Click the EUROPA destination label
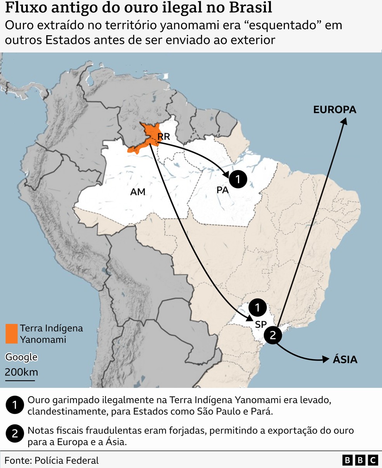335,110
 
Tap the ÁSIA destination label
345,359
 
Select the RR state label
163,137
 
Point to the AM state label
137,191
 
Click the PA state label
222,190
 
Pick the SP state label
260,325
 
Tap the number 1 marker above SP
257,308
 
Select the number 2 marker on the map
273,335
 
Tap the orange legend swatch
12,334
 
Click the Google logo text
21,357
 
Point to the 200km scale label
21,372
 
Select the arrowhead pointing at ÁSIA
326,360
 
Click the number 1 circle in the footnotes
15,405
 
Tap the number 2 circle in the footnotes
15,433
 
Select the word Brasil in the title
252,8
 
